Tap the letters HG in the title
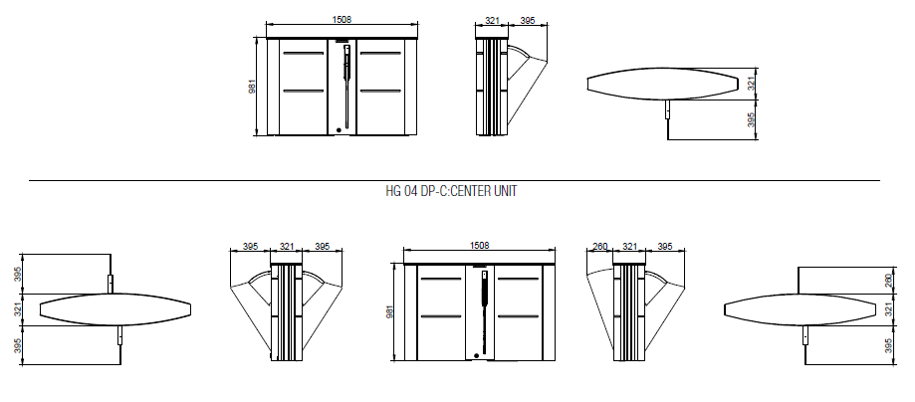coord(392,191)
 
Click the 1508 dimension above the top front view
coord(342,19)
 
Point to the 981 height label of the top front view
coord(253,86)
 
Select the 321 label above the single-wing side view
coord(493,21)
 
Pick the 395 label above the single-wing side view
coord(528,21)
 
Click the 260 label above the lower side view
coord(600,246)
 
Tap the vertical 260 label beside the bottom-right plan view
coord(889,281)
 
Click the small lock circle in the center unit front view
coord(476,355)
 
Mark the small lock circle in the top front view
coord(339,130)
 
